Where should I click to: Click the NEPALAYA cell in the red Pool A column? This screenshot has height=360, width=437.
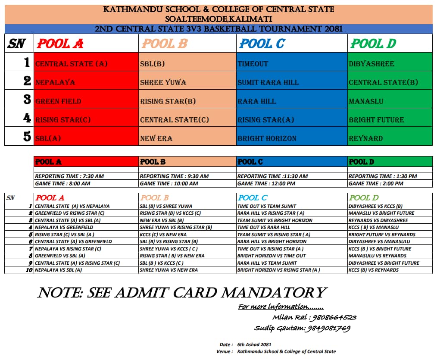[x=56, y=82]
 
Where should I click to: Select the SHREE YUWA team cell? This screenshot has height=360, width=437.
[x=159, y=82]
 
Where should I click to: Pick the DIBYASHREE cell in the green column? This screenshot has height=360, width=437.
[x=371, y=64]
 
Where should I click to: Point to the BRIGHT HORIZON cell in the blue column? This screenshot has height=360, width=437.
[x=267, y=138]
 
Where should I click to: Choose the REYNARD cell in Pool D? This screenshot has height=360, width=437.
[x=366, y=138]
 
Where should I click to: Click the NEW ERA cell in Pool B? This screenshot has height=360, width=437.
[x=156, y=138]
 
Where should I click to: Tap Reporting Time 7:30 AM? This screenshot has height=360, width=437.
[x=69, y=176]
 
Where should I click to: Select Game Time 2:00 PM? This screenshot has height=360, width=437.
[x=376, y=183]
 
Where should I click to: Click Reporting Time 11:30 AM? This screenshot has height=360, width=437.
[x=272, y=176]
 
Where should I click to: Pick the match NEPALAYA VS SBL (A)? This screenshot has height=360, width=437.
[x=59, y=270]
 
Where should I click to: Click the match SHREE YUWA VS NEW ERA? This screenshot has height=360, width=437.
[x=169, y=270]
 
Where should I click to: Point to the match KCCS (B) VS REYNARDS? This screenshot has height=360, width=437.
[x=374, y=270]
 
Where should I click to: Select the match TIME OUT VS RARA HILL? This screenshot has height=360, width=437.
[x=264, y=227]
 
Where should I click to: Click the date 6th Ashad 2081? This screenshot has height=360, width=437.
[x=254, y=344]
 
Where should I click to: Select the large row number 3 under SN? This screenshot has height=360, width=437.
[x=27, y=100]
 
